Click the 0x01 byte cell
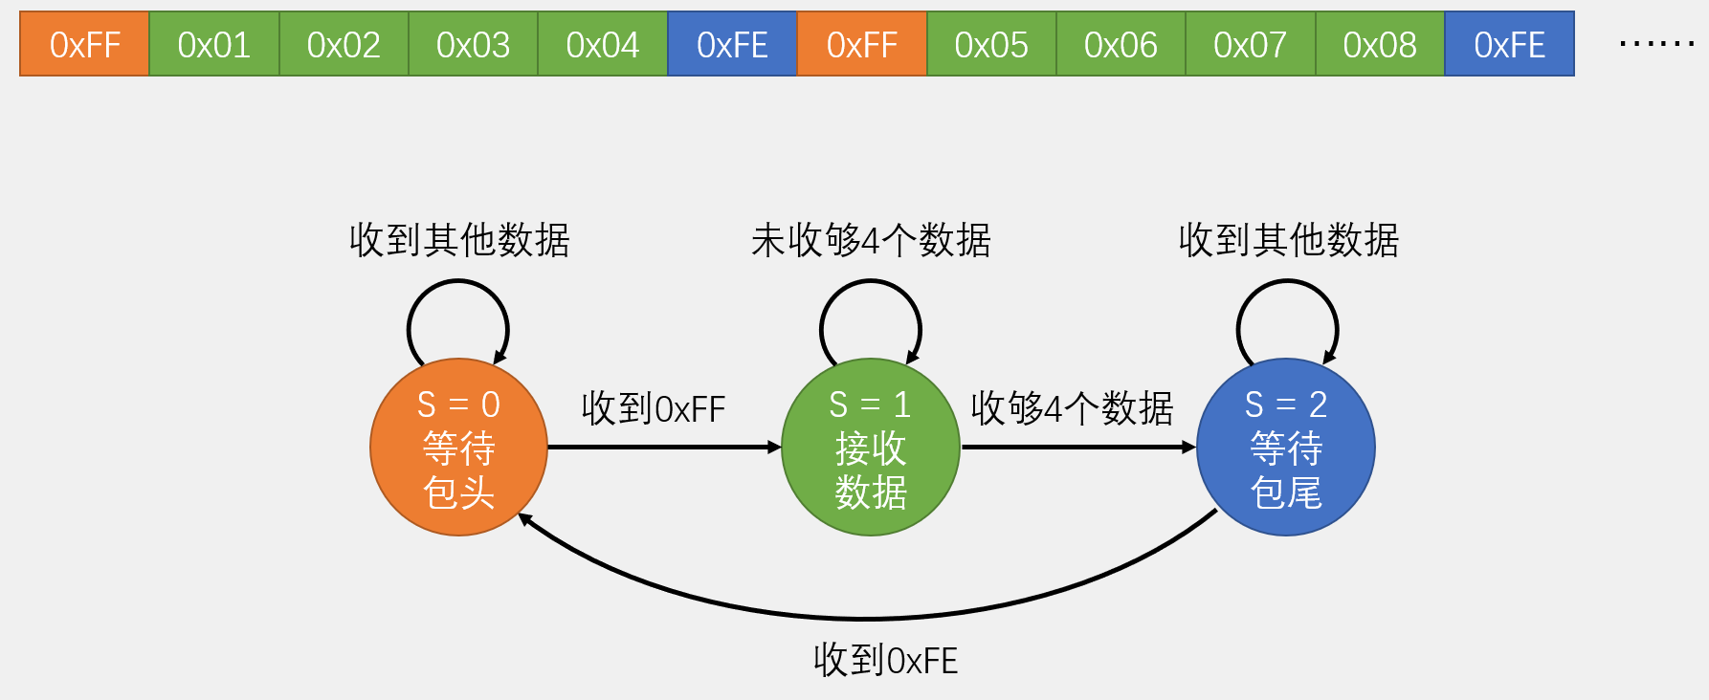pos(213,44)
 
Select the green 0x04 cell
pos(602,44)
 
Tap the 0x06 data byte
pos(1121,44)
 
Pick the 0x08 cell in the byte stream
pos(1379,44)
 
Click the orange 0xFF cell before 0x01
pos(84,44)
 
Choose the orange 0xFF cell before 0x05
pos(861,44)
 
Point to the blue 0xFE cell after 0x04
pos(732,44)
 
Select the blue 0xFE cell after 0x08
pos(1509,44)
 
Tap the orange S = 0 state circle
pos(458,448)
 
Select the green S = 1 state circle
pos(870,448)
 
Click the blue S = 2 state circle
pos(1285,448)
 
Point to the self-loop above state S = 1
pos(870,283)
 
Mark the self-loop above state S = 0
pos(457,283)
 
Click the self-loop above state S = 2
pos(1287,283)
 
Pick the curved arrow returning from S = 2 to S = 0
pos(866,618)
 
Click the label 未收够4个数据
pos(871,240)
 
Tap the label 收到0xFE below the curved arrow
pos(885,661)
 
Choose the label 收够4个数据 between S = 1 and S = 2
pos(1072,408)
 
